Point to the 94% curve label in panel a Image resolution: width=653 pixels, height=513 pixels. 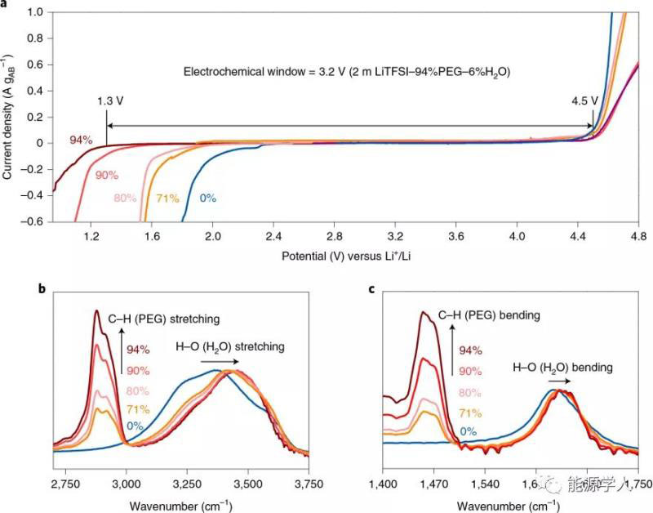pyautogui.click(x=81, y=140)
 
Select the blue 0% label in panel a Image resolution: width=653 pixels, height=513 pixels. pyautogui.click(x=207, y=198)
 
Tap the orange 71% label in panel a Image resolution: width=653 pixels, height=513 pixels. pyautogui.click(x=168, y=198)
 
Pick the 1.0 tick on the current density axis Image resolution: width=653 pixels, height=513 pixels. pyautogui.click(x=33, y=14)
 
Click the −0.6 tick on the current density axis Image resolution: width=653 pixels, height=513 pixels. pyautogui.click(x=31, y=221)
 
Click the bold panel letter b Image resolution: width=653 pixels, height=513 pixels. pyautogui.click(x=42, y=288)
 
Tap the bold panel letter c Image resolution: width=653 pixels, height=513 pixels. pyautogui.click(x=372, y=288)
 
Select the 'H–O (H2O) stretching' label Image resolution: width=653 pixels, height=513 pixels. pyautogui.click(x=230, y=347)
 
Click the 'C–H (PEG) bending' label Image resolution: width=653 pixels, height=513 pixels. pyautogui.click(x=490, y=314)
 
